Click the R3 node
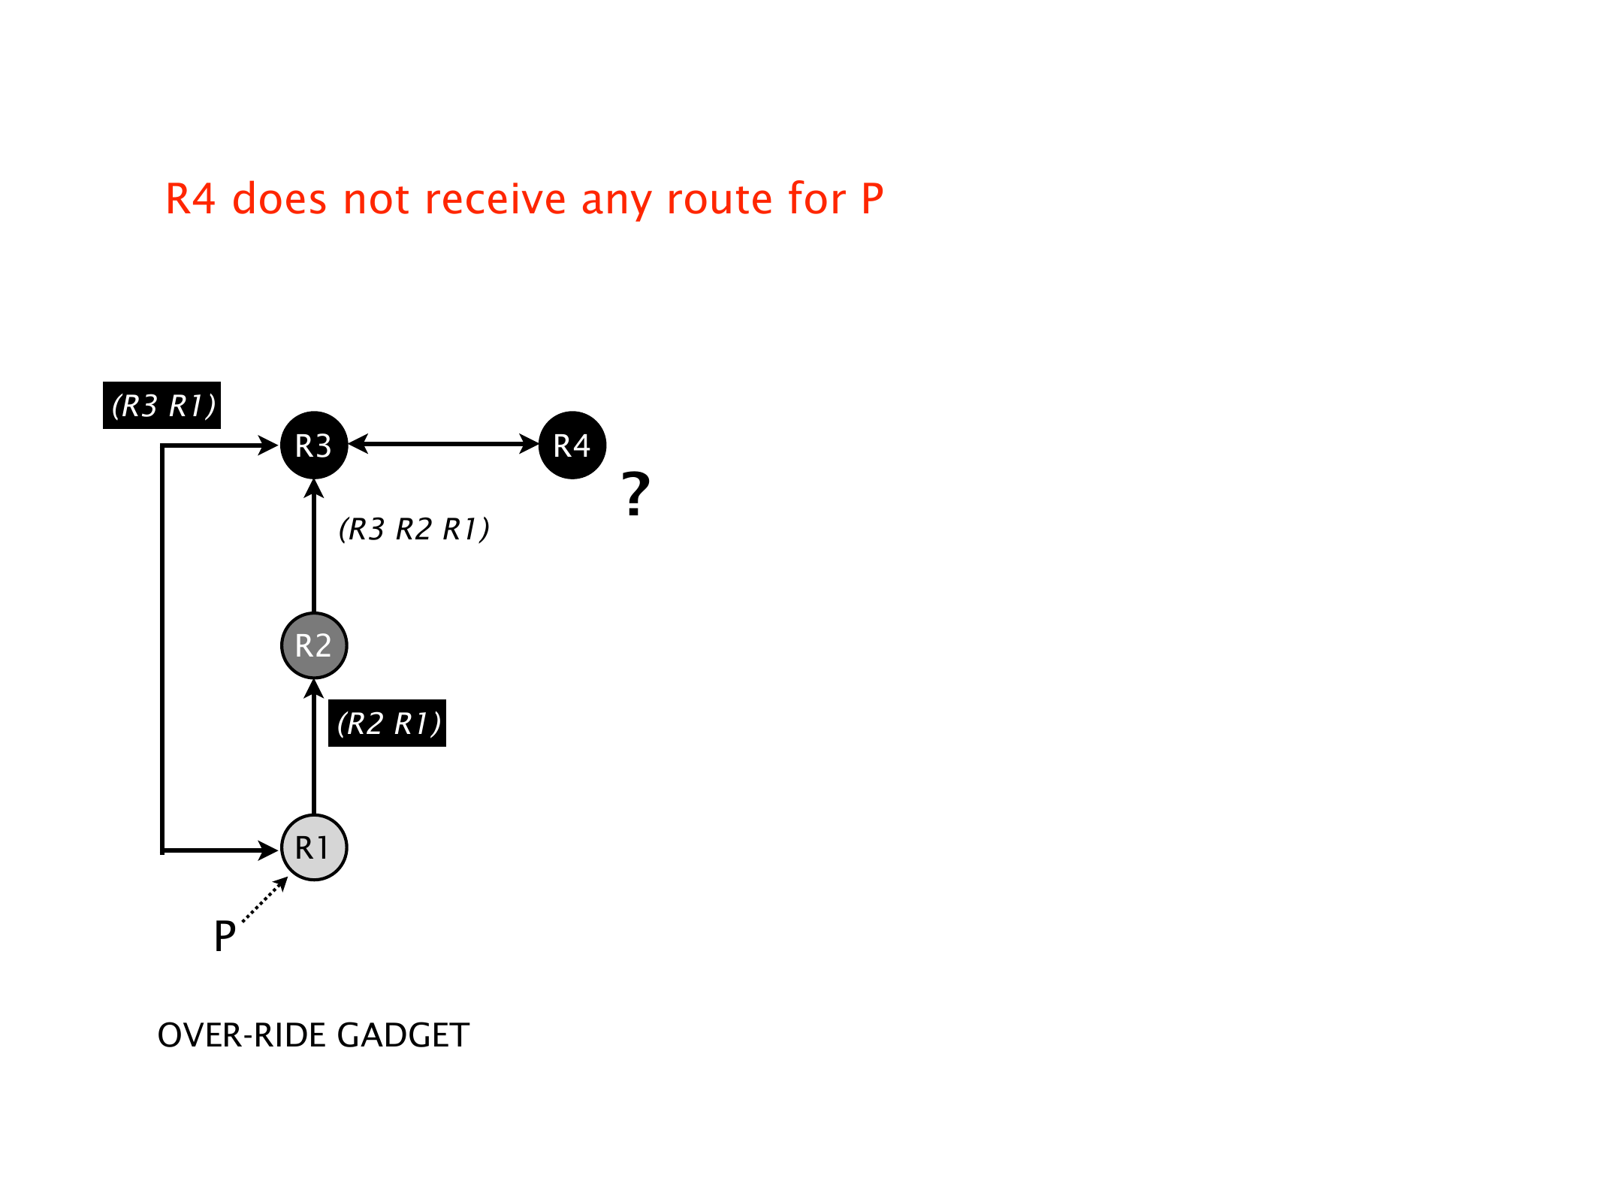tap(314, 445)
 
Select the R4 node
tap(572, 445)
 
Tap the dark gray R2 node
tap(314, 646)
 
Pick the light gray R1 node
tap(314, 847)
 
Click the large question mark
tap(635, 494)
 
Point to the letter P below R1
tap(225, 936)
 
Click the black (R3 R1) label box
tap(162, 406)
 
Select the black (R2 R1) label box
tap(388, 723)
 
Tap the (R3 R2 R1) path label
tap(414, 530)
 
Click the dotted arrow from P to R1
tap(264, 899)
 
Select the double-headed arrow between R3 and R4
tap(443, 444)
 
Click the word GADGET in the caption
tap(403, 1035)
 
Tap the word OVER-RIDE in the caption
tap(242, 1035)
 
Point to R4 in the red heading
tap(190, 200)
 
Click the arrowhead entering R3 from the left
tap(269, 445)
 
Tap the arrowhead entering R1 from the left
tap(269, 850)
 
